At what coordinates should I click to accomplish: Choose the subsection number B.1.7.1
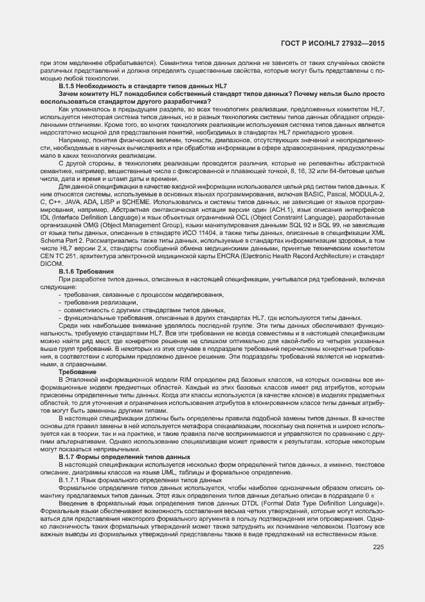(71, 481)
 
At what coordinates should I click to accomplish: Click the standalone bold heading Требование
(78, 372)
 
